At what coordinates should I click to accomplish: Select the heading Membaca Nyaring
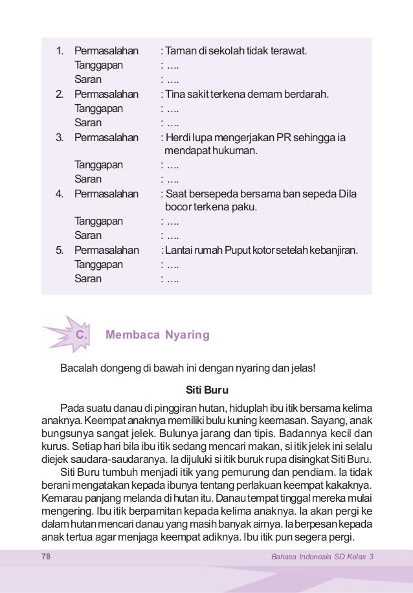click(157, 335)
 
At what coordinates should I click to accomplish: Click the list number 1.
click(59, 50)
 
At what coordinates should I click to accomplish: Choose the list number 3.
click(59, 137)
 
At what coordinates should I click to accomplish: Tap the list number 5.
click(59, 251)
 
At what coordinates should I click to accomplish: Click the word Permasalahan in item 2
click(106, 94)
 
